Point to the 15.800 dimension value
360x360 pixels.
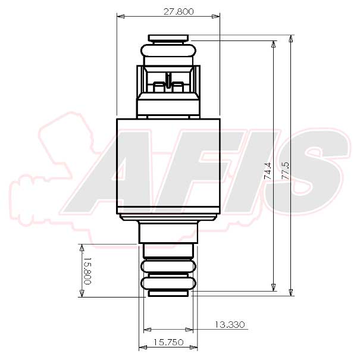87,271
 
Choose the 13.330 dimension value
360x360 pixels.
229,324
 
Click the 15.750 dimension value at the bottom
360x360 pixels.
167,342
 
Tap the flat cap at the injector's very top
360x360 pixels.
168,38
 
